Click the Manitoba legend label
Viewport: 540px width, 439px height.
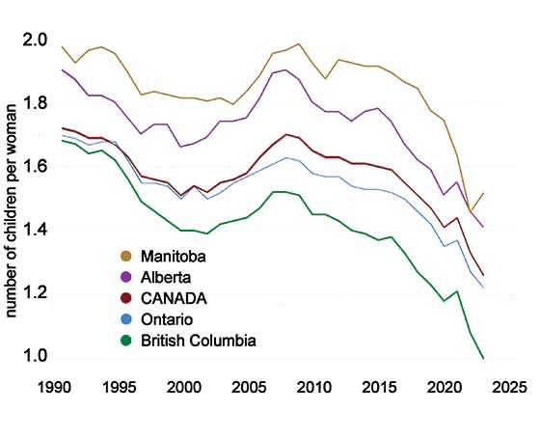[x=174, y=257]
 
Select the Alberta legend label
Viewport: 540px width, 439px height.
[x=166, y=278]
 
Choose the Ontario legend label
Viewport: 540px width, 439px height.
[x=167, y=319]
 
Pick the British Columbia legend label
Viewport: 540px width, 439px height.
[x=198, y=341]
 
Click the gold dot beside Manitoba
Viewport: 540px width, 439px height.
[x=124, y=257]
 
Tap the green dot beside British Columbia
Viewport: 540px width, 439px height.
[x=124, y=341]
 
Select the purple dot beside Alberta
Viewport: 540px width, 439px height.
[x=124, y=278]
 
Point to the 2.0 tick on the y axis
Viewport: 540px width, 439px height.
[x=36, y=41]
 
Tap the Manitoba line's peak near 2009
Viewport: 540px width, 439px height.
[x=299, y=43]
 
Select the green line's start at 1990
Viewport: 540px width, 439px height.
[x=63, y=141]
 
